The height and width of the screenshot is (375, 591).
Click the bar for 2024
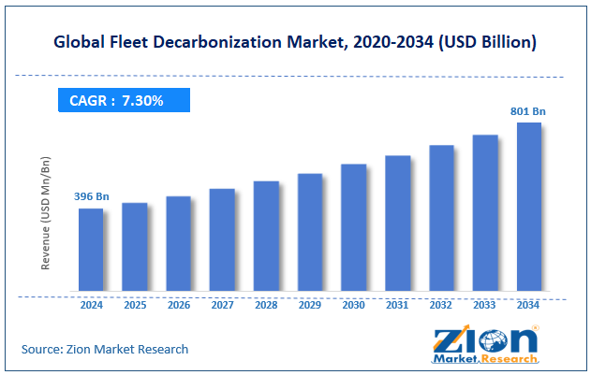(x=91, y=249)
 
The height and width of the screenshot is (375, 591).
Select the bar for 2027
(x=222, y=239)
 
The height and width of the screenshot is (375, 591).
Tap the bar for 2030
(x=353, y=227)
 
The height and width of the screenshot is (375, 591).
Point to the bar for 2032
(x=441, y=217)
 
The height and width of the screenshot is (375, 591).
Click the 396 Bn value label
(x=91, y=196)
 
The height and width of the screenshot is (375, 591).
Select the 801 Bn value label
(x=528, y=111)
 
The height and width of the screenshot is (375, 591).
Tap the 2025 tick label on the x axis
(x=135, y=304)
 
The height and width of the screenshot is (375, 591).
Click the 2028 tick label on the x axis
(x=266, y=304)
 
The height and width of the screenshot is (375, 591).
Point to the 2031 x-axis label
(x=397, y=304)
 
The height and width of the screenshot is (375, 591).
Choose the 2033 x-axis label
(x=484, y=304)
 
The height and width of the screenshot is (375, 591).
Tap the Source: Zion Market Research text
(x=105, y=349)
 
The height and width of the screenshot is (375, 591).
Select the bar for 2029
(x=310, y=232)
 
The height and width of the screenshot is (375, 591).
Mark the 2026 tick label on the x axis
(x=179, y=304)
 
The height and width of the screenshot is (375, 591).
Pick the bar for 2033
(x=484, y=212)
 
